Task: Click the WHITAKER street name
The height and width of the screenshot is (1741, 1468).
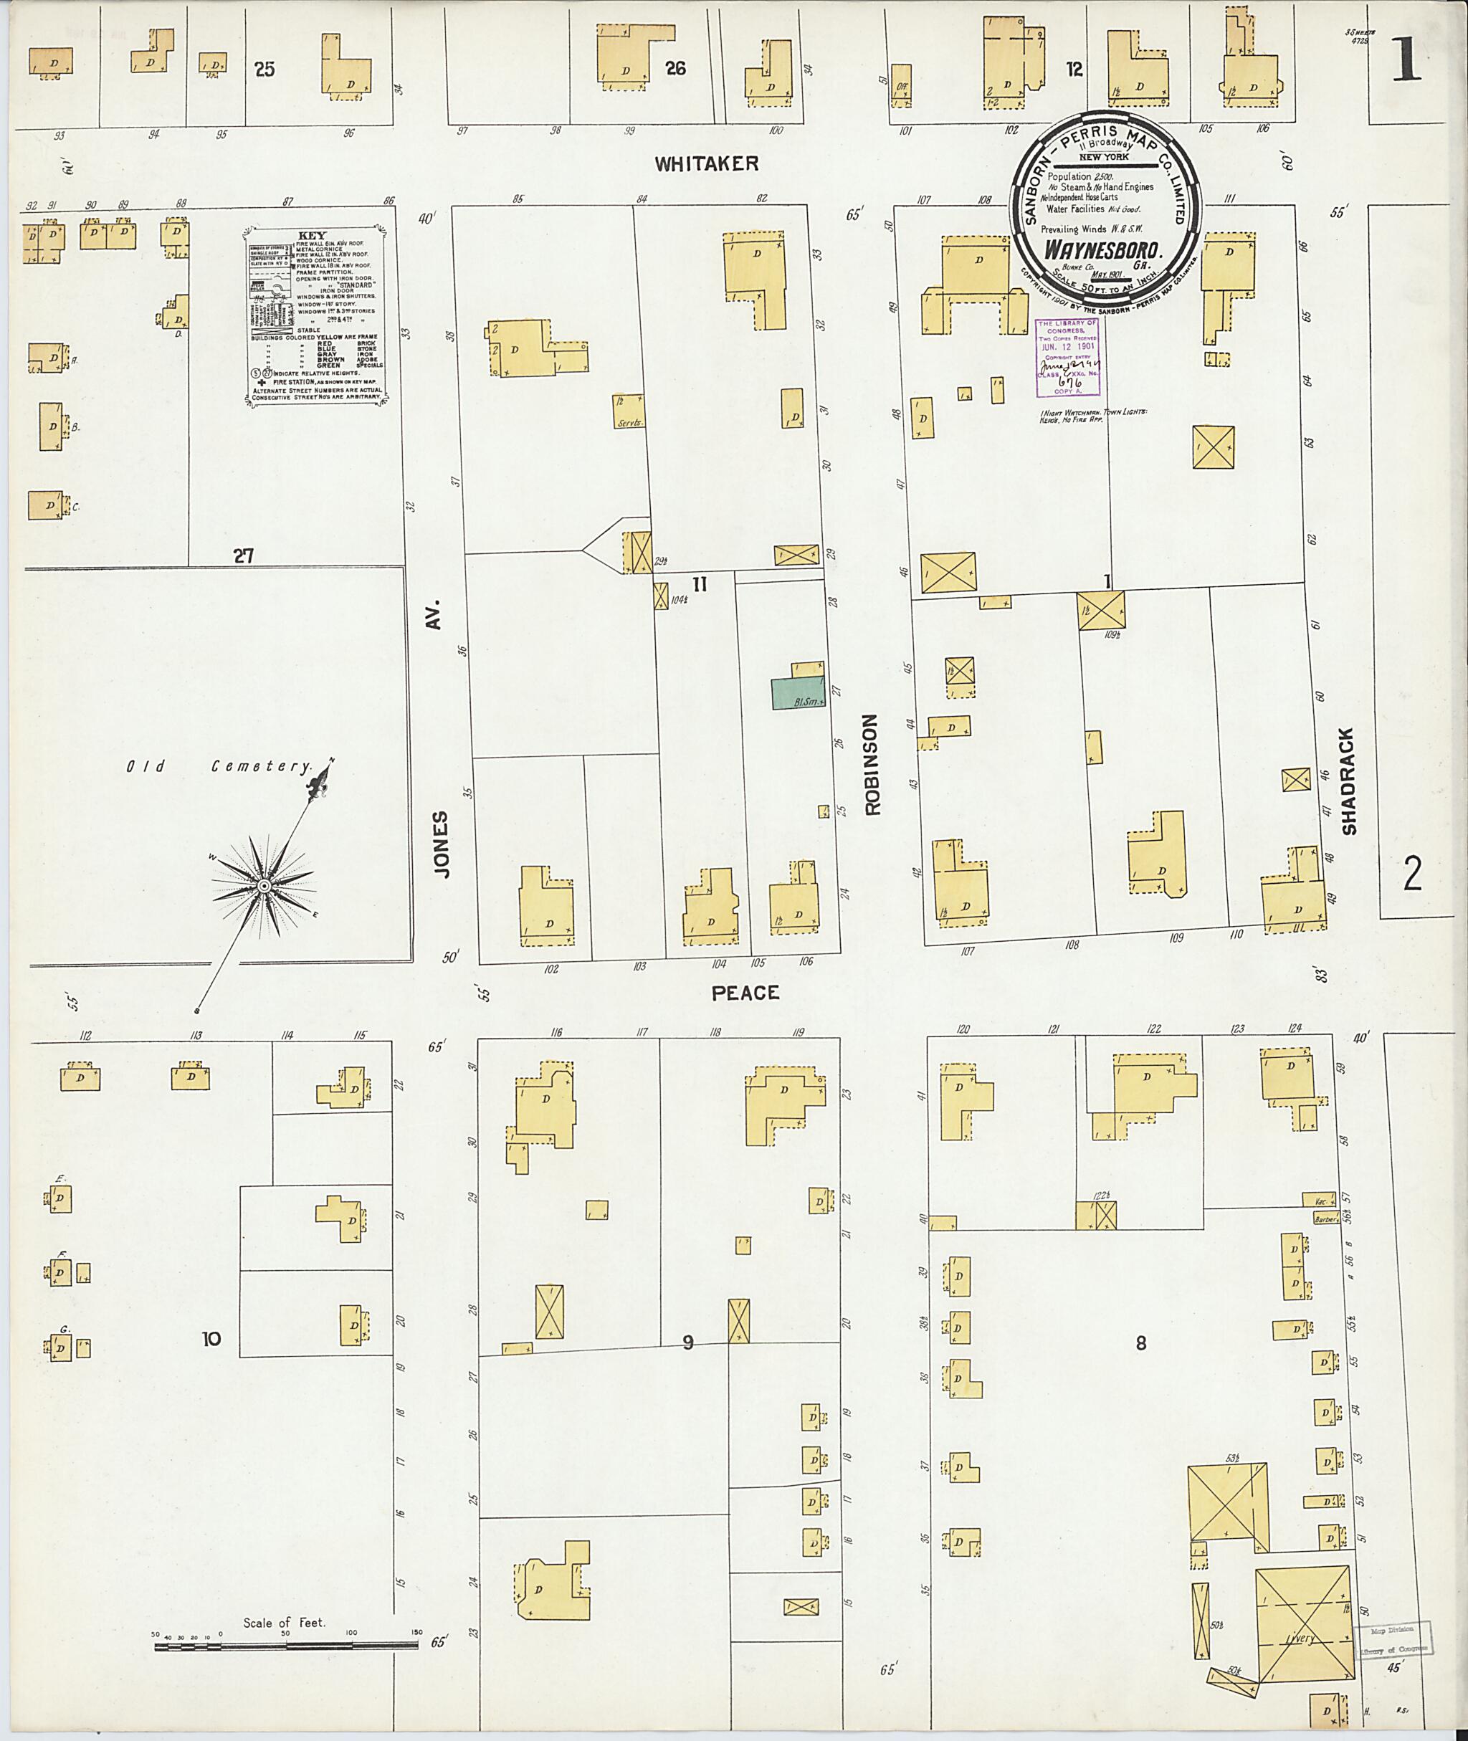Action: (706, 164)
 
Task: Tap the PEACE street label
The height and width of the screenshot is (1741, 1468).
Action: (745, 993)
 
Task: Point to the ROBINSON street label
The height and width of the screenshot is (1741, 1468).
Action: (872, 764)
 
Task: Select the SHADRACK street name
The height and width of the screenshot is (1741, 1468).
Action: (1348, 781)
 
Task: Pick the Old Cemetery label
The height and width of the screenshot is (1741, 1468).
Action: (219, 766)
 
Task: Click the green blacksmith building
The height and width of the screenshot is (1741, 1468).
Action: (797, 693)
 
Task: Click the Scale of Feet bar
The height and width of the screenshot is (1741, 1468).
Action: (285, 1644)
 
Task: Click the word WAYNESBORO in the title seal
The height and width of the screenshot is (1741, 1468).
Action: (1102, 249)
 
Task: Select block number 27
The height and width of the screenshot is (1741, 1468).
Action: (243, 556)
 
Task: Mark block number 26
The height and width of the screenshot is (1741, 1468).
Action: (675, 68)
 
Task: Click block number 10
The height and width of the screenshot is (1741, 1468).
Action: (211, 1338)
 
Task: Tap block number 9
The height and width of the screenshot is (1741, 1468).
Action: (687, 1342)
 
